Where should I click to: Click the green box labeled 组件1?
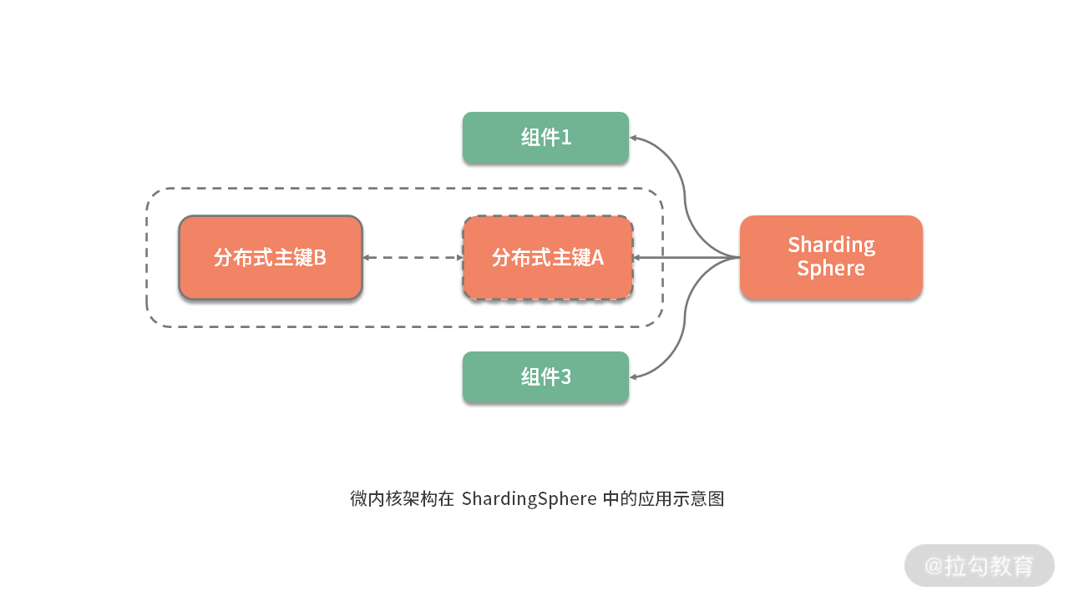pos(545,138)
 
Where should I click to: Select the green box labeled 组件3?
pos(545,377)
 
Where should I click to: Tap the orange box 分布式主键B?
pos(271,257)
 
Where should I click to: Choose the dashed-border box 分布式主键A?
pos(548,257)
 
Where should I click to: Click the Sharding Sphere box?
pos(831,257)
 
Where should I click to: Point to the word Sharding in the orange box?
pos(831,245)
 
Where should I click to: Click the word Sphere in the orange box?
pos(831,269)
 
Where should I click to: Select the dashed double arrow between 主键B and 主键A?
pos(413,258)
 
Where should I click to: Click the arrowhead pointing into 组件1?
pos(634,138)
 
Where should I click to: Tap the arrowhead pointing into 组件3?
pos(634,377)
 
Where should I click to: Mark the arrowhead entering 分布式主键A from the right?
pos(636,258)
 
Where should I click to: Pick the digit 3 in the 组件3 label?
pos(566,377)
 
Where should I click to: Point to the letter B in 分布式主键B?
pos(319,257)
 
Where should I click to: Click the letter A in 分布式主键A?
pos(597,257)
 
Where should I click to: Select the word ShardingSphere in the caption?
pos(529,499)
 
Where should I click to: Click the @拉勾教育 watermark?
pos(979,566)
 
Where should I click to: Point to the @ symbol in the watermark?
pos(934,566)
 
